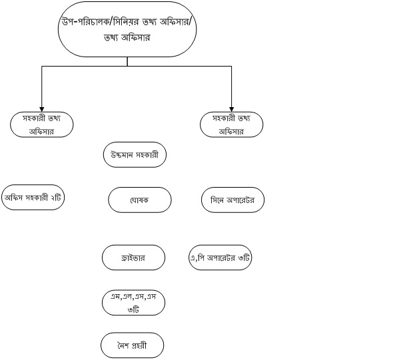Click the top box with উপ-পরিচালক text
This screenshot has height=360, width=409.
click(x=127, y=29)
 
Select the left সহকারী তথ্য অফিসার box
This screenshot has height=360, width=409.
click(x=42, y=124)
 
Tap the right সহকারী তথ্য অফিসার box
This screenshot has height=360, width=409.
click(x=232, y=124)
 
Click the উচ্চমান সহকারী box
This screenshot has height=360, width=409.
click(x=135, y=155)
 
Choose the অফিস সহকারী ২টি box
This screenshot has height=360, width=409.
click(x=33, y=197)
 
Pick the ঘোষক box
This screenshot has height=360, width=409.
click(x=140, y=200)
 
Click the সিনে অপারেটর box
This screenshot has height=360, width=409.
click(x=232, y=200)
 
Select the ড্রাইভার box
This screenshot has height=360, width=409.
click(x=133, y=258)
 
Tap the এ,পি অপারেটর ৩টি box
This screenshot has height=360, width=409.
click(x=220, y=258)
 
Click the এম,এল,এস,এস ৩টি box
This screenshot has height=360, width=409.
click(x=133, y=303)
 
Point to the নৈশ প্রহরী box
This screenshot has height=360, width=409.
click(x=133, y=345)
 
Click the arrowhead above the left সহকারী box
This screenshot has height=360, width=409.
click(x=42, y=109)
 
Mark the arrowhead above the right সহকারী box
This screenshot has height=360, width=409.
click(x=231, y=109)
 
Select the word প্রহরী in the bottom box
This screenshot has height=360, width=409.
click(x=139, y=345)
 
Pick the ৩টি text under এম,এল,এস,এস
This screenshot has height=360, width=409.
click(x=133, y=309)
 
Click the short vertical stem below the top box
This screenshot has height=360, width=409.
click(x=127, y=61)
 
